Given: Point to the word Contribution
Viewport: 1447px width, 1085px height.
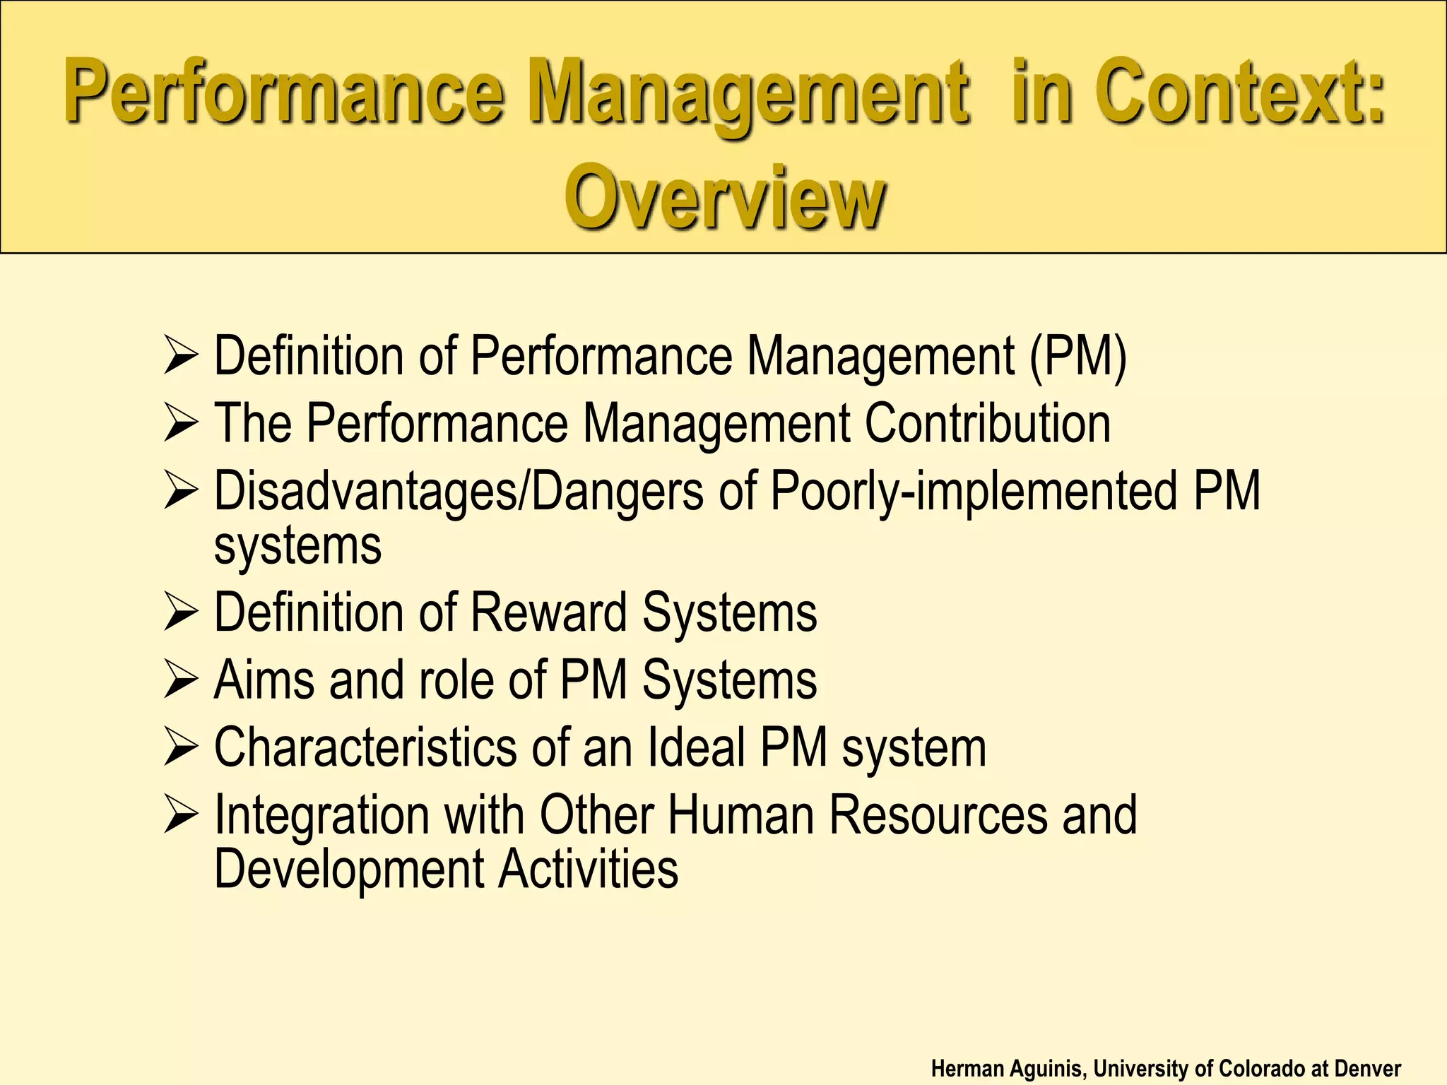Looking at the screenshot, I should point(987,423).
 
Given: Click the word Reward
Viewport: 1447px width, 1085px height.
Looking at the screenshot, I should point(548,612).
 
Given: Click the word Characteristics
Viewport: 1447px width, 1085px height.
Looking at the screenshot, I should point(365,747).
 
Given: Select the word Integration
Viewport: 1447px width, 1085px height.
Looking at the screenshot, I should point(321,815).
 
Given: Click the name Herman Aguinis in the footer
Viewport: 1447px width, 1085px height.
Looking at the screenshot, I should point(1005,1069).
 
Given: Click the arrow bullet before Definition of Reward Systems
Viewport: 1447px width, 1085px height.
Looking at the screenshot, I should point(180,612).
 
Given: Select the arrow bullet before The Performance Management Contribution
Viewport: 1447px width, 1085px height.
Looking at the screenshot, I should point(180,424).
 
